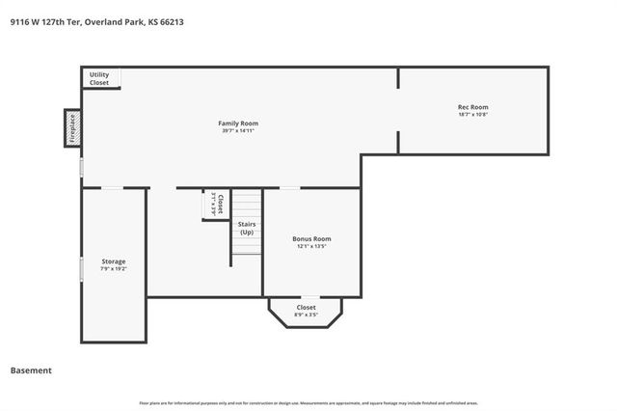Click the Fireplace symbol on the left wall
(x=71, y=128)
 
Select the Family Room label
(x=237, y=123)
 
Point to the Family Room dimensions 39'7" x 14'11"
(x=237, y=131)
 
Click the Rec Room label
(x=472, y=106)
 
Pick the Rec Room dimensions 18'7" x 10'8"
(x=472, y=114)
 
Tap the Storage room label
(x=114, y=261)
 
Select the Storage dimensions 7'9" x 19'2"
(x=114, y=269)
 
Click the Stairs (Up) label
(x=247, y=228)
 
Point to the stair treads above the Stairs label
(x=248, y=205)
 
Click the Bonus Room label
(x=311, y=238)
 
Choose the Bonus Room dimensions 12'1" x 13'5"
(x=311, y=246)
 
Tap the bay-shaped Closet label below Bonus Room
(x=306, y=307)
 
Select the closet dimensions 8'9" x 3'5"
(x=306, y=315)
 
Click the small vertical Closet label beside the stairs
(x=221, y=204)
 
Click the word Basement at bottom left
(x=31, y=370)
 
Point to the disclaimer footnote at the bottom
(x=308, y=403)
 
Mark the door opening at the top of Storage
(x=113, y=188)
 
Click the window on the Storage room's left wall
(x=81, y=267)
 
